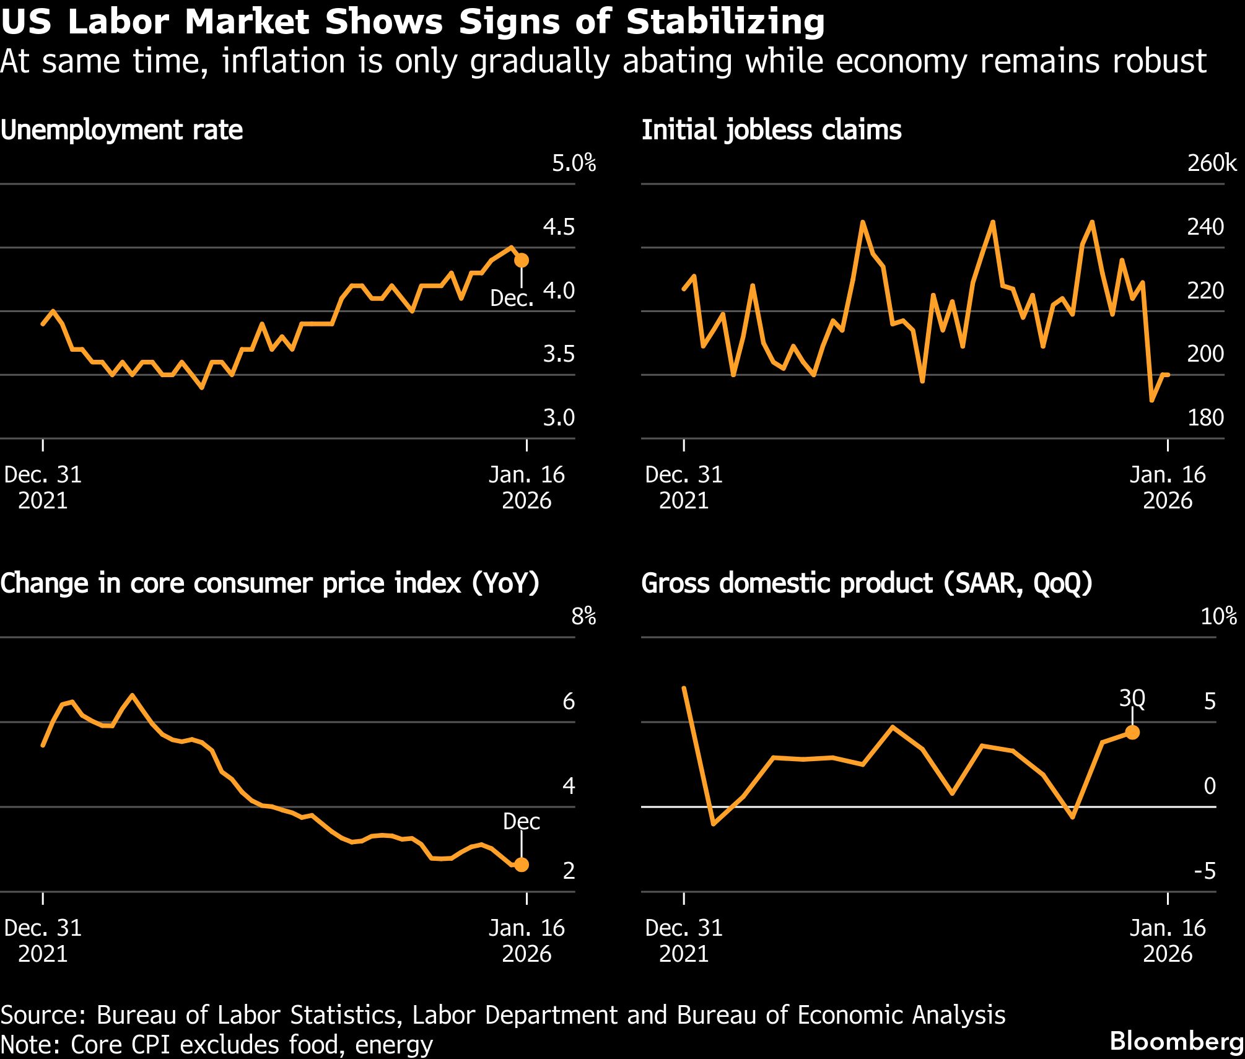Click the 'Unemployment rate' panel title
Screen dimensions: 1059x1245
point(121,131)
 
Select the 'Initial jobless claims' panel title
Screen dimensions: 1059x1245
point(771,131)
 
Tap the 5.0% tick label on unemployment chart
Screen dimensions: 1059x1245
point(574,164)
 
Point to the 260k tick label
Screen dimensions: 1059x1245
point(1212,164)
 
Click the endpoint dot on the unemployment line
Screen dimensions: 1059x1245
point(522,260)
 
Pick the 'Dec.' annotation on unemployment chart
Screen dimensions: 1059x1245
point(512,299)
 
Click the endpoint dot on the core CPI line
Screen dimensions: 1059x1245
point(522,865)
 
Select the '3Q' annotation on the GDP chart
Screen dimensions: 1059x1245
point(1132,699)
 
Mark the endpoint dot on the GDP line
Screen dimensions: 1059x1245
point(1132,733)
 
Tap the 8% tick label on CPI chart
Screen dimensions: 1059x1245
point(583,617)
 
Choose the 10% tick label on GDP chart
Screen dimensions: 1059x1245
point(1218,617)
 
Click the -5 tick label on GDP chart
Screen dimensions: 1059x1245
point(1205,871)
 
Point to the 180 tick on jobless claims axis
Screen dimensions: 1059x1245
point(1205,418)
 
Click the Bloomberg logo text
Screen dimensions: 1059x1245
point(1176,1041)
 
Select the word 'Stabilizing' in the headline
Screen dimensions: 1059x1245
point(725,22)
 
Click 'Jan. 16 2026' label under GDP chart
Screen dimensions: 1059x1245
point(1168,940)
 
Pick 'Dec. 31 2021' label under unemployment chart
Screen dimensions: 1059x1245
point(43,487)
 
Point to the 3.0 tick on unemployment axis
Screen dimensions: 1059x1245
point(559,418)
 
